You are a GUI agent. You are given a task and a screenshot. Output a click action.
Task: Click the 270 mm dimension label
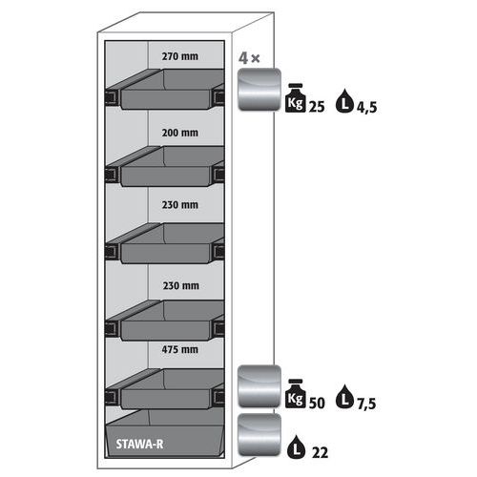click(x=180, y=56)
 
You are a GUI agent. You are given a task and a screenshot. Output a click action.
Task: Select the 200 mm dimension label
click(x=180, y=133)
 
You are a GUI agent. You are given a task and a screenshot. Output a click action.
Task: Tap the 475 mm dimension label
click(x=180, y=349)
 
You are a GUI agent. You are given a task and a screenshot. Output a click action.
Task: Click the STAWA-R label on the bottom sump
click(x=139, y=444)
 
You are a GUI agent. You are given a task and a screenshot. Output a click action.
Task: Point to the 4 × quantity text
click(x=249, y=58)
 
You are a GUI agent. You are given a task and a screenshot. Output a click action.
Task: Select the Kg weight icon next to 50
click(x=296, y=394)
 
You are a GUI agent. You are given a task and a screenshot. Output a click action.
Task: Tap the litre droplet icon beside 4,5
click(x=344, y=101)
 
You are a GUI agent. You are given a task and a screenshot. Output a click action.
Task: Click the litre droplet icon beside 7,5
click(x=344, y=397)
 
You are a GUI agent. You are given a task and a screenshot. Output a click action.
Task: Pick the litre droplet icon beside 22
click(x=297, y=446)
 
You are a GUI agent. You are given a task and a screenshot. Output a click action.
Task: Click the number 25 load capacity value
click(x=317, y=107)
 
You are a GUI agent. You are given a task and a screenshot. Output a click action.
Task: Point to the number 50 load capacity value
click(x=317, y=403)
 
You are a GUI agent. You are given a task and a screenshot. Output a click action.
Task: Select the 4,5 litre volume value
click(x=366, y=108)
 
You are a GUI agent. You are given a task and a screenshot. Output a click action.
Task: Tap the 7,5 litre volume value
click(x=366, y=404)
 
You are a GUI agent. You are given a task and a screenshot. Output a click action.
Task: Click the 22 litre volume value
click(x=320, y=452)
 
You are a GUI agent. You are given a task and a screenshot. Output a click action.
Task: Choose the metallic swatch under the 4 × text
click(x=259, y=90)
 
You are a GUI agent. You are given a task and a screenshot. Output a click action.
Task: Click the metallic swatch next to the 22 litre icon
click(x=259, y=435)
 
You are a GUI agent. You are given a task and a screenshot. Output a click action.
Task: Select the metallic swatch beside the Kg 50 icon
click(x=259, y=386)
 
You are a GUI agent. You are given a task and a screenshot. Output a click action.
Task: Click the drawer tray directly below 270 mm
click(x=165, y=90)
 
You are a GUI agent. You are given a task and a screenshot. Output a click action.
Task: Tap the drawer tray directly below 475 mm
click(x=165, y=389)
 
